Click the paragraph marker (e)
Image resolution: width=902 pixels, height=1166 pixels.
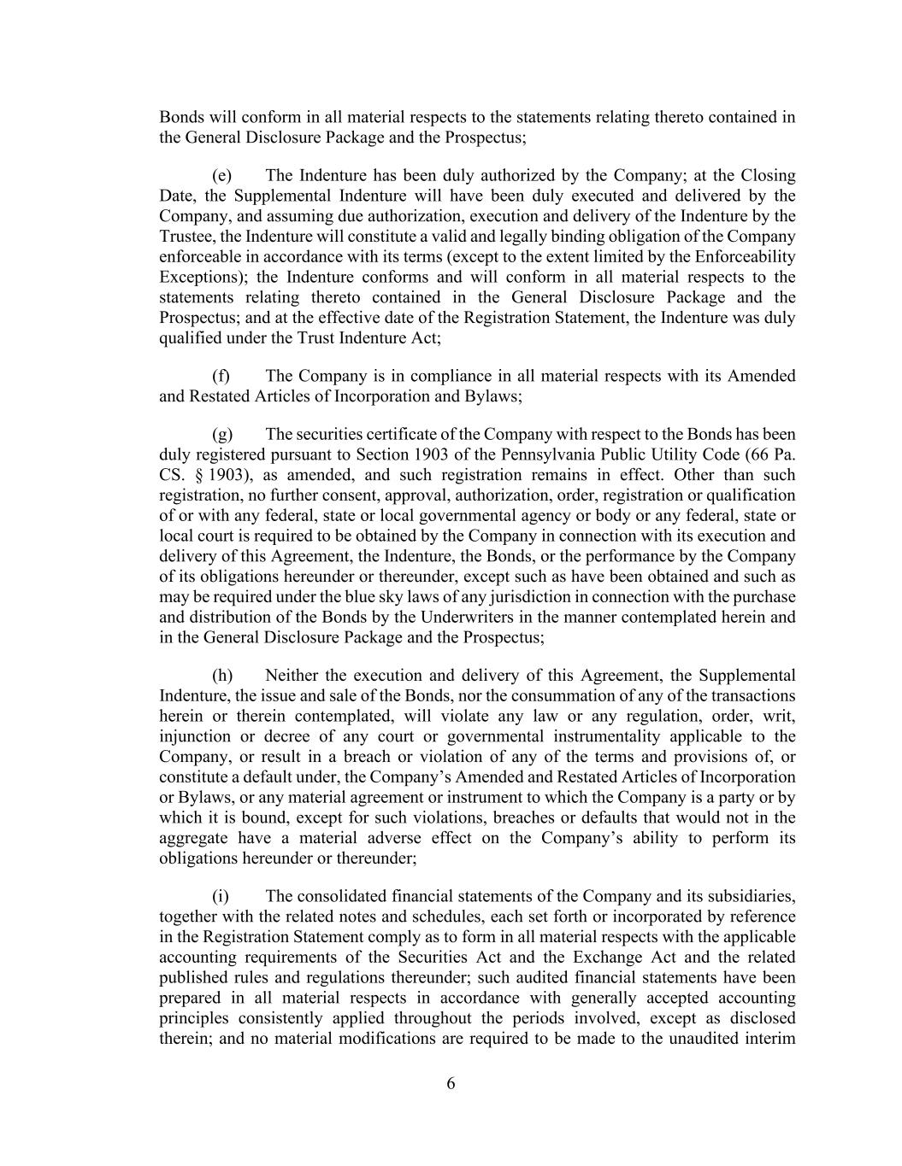pos(221,176)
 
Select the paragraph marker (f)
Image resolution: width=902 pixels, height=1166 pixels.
pos(221,376)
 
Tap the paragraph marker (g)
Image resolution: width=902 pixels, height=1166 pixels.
pos(221,434)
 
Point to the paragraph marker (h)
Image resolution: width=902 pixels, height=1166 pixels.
pos(221,675)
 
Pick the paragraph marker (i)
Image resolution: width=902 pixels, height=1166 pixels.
pos(220,896)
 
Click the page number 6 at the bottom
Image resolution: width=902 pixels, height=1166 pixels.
pos(451,1084)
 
